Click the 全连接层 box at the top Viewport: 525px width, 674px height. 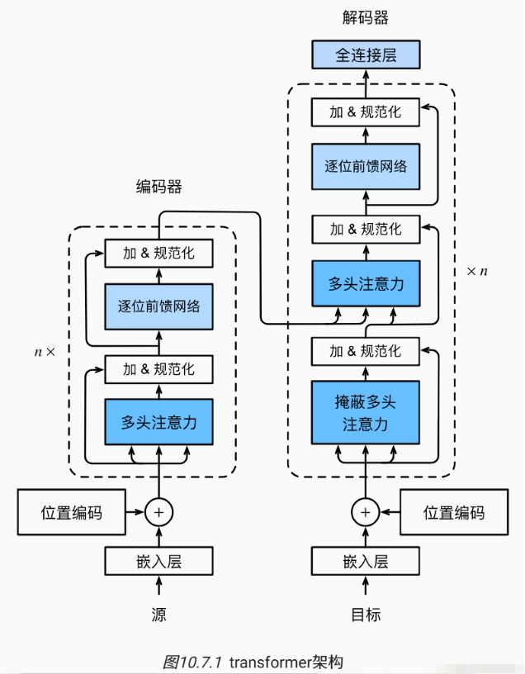tap(365, 55)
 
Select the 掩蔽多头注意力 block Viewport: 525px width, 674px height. tap(365, 414)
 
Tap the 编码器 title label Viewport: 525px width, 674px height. tap(158, 187)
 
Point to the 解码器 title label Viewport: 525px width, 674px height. tap(365, 17)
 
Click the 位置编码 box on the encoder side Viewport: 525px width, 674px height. tap(72, 512)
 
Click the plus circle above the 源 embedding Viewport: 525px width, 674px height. tap(159, 512)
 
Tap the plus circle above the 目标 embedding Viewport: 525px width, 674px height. tap(365, 512)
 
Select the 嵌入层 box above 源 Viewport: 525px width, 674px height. tap(159, 562)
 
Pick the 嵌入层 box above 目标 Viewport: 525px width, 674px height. tap(365, 562)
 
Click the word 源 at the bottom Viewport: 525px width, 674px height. tap(159, 615)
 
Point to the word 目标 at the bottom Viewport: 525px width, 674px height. tap(365, 615)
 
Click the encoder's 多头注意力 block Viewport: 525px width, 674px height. tap(159, 422)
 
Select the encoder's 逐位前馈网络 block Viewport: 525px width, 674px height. tap(159, 306)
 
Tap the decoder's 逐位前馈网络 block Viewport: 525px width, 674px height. tap(365, 165)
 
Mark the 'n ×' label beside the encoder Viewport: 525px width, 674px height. tap(45, 351)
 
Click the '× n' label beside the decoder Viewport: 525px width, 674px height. tap(476, 271)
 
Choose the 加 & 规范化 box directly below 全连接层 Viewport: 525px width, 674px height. tap(365, 112)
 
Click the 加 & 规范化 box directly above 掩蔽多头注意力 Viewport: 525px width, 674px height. tap(365, 351)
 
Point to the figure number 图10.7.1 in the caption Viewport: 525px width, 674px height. tap(192, 662)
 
